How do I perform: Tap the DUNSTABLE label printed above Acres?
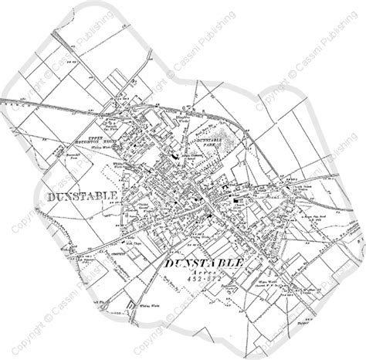tap(205, 264)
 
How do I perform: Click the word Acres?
tap(203, 274)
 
